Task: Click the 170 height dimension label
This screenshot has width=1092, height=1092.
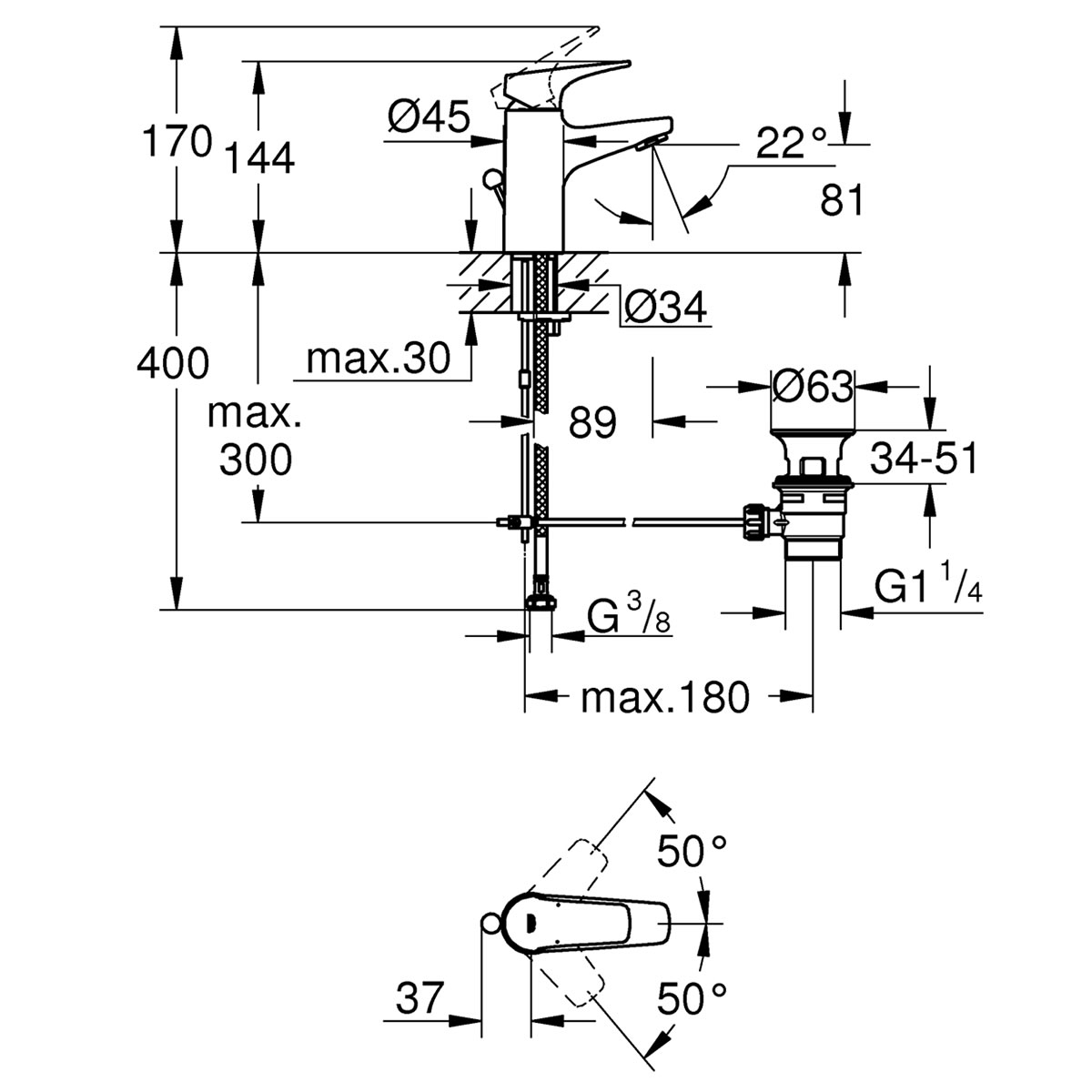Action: [177, 141]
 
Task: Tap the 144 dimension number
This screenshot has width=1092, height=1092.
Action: [259, 158]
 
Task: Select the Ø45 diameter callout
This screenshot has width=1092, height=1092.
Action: [429, 116]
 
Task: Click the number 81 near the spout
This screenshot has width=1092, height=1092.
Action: [842, 199]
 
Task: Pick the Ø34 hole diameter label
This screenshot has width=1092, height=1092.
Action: [665, 308]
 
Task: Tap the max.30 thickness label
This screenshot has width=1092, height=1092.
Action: [378, 359]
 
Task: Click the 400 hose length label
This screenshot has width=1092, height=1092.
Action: [173, 363]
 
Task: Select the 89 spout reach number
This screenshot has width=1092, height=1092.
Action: [592, 422]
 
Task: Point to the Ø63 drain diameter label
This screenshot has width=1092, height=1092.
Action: [812, 388]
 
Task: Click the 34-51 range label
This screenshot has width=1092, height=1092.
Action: [924, 458]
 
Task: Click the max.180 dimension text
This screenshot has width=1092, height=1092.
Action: [664, 698]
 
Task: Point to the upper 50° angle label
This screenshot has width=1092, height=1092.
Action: [692, 883]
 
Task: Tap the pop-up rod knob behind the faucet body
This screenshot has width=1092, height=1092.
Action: [490, 180]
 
